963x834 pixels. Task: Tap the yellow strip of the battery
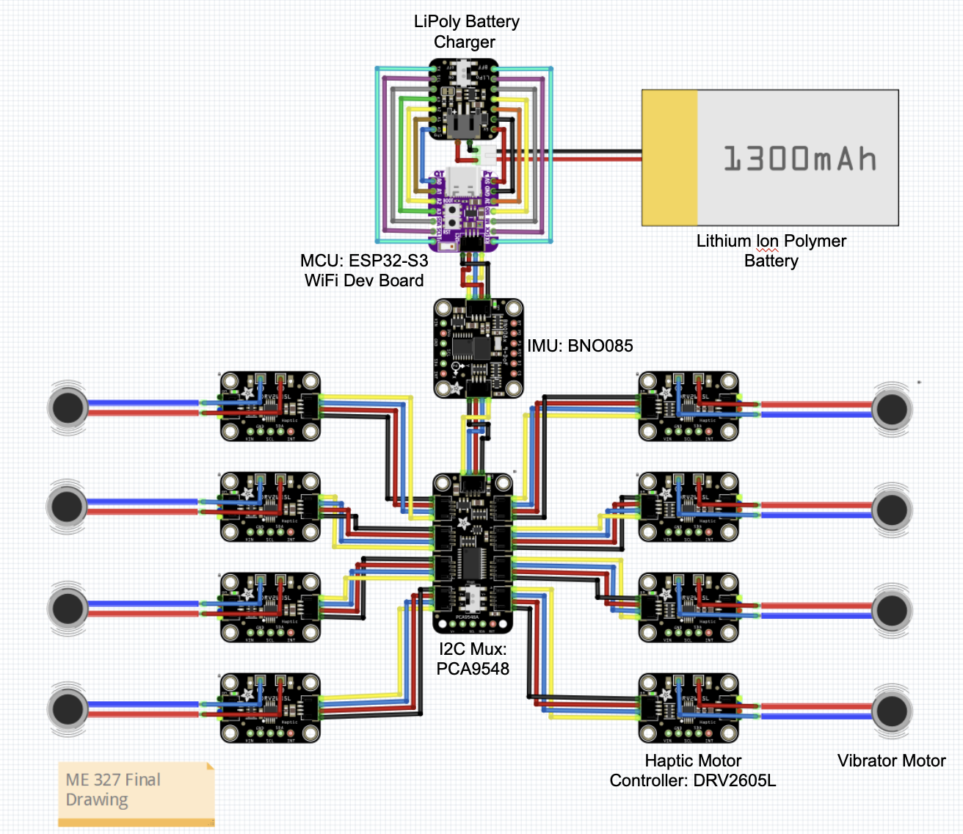(x=669, y=158)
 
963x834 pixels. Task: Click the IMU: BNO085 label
(x=580, y=346)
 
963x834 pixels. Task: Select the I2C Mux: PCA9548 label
(x=473, y=659)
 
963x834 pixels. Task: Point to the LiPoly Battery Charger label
(x=466, y=32)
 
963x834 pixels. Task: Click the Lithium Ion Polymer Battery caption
(x=771, y=250)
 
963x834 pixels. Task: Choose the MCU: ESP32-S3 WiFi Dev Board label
(x=364, y=270)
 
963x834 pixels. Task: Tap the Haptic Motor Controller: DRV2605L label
(x=692, y=770)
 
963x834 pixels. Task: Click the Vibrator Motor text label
(x=891, y=761)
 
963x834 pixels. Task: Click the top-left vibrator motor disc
(x=68, y=407)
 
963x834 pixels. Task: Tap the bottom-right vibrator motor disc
(x=892, y=710)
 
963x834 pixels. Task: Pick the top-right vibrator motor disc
(x=892, y=408)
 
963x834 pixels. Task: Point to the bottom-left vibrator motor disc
(x=68, y=709)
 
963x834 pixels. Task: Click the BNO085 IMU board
(x=478, y=347)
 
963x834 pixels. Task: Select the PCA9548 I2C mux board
(x=473, y=554)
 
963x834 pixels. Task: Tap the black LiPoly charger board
(x=463, y=100)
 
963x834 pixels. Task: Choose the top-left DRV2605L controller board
(x=270, y=406)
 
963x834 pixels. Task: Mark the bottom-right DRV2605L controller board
(x=688, y=708)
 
